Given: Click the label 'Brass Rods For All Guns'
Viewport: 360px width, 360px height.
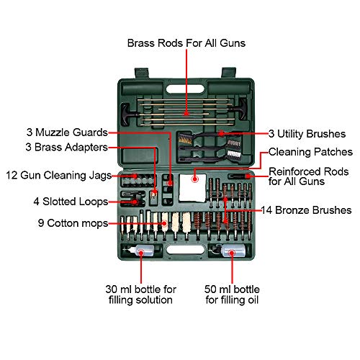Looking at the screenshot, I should pos(186,43).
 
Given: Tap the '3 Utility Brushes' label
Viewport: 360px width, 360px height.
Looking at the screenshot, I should pos(310,133).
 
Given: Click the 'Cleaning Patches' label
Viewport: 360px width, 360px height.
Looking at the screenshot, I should pos(310,152).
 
